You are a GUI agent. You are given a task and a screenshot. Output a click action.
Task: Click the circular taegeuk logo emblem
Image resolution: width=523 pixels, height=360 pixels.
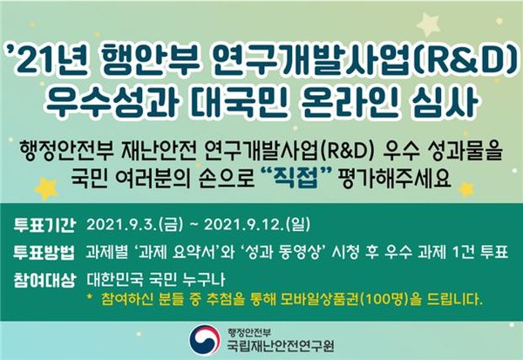coord(204,338)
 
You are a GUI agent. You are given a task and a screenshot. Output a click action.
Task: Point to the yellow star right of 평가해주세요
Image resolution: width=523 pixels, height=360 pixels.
coord(466,187)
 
